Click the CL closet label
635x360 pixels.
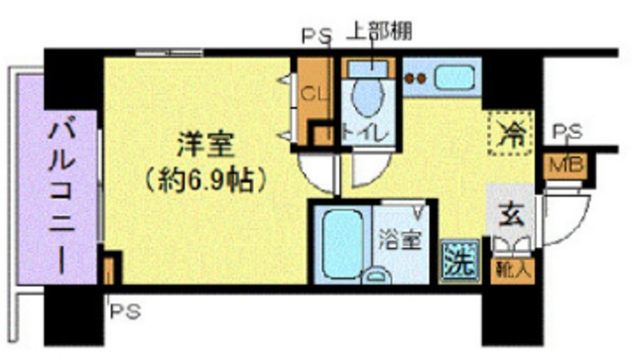pos(313,95)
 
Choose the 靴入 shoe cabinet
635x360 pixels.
pos(508,265)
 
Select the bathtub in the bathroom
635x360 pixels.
pos(342,243)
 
